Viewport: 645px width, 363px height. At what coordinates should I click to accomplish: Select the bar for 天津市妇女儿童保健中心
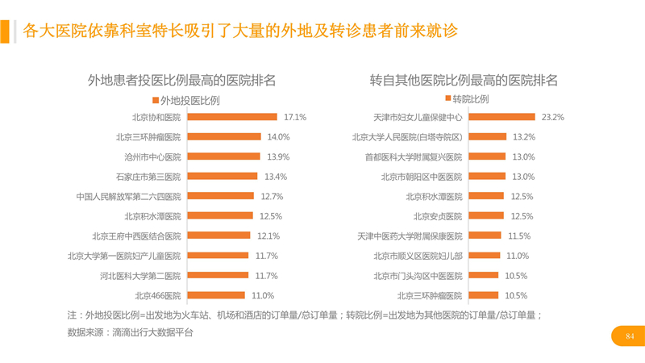tap(501, 117)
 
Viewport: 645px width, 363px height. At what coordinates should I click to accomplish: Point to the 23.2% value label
tap(552, 117)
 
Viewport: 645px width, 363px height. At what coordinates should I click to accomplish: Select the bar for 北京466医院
tap(215, 295)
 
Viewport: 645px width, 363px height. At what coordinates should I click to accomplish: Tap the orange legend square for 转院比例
tap(447, 100)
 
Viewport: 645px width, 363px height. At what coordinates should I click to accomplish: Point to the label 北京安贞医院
tap(438, 216)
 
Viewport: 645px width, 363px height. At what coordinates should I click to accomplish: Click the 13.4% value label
tap(276, 177)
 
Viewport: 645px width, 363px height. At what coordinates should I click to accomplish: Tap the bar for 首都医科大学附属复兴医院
tap(487, 156)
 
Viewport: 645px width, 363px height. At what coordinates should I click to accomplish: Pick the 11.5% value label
tap(519, 236)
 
